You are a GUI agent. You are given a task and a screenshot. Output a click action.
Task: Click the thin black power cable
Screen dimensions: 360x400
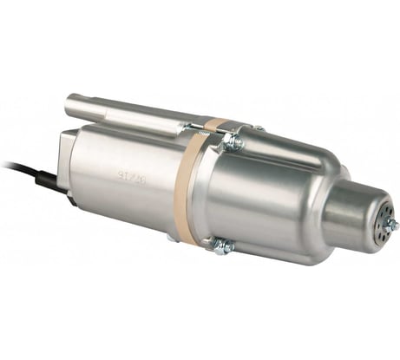(13, 167)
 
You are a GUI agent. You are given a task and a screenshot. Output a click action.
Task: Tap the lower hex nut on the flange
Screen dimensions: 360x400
(223, 245)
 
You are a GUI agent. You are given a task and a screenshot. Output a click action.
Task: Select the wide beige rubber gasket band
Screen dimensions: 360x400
(185, 191)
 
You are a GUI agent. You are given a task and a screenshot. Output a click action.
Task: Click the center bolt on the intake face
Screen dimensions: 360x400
(390, 225)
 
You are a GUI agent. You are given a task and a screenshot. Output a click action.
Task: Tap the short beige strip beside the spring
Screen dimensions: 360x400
(216, 124)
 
